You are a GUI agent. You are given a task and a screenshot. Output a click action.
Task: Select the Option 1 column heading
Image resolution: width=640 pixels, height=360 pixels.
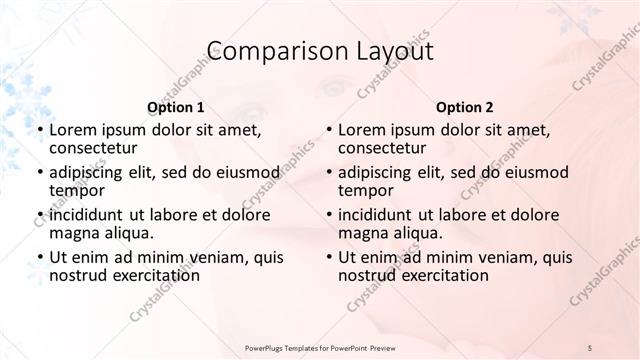tap(175, 107)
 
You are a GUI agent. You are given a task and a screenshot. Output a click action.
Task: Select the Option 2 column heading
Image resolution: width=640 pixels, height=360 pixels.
tap(464, 107)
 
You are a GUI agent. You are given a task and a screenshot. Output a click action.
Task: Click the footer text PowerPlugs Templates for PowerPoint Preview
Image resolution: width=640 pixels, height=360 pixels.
tap(319, 346)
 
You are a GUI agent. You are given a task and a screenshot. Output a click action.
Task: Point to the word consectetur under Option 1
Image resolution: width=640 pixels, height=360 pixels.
tap(91, 148)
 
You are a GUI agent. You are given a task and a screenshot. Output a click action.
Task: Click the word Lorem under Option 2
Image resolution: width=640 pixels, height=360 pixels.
tap(361, 130)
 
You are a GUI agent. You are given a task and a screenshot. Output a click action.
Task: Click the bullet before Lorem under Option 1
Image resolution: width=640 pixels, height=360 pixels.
tap(40, 131)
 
